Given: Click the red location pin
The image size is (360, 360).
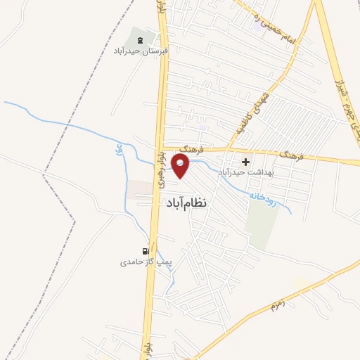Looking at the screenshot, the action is pos(181,167).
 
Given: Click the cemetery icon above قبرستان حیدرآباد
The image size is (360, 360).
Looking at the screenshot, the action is pos(138,40).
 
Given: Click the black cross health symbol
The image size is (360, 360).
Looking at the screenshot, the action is pos(245,162).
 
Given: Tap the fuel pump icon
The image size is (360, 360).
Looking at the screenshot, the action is pos(146,250).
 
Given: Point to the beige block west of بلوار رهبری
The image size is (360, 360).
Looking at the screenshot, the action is pos(139,188).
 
